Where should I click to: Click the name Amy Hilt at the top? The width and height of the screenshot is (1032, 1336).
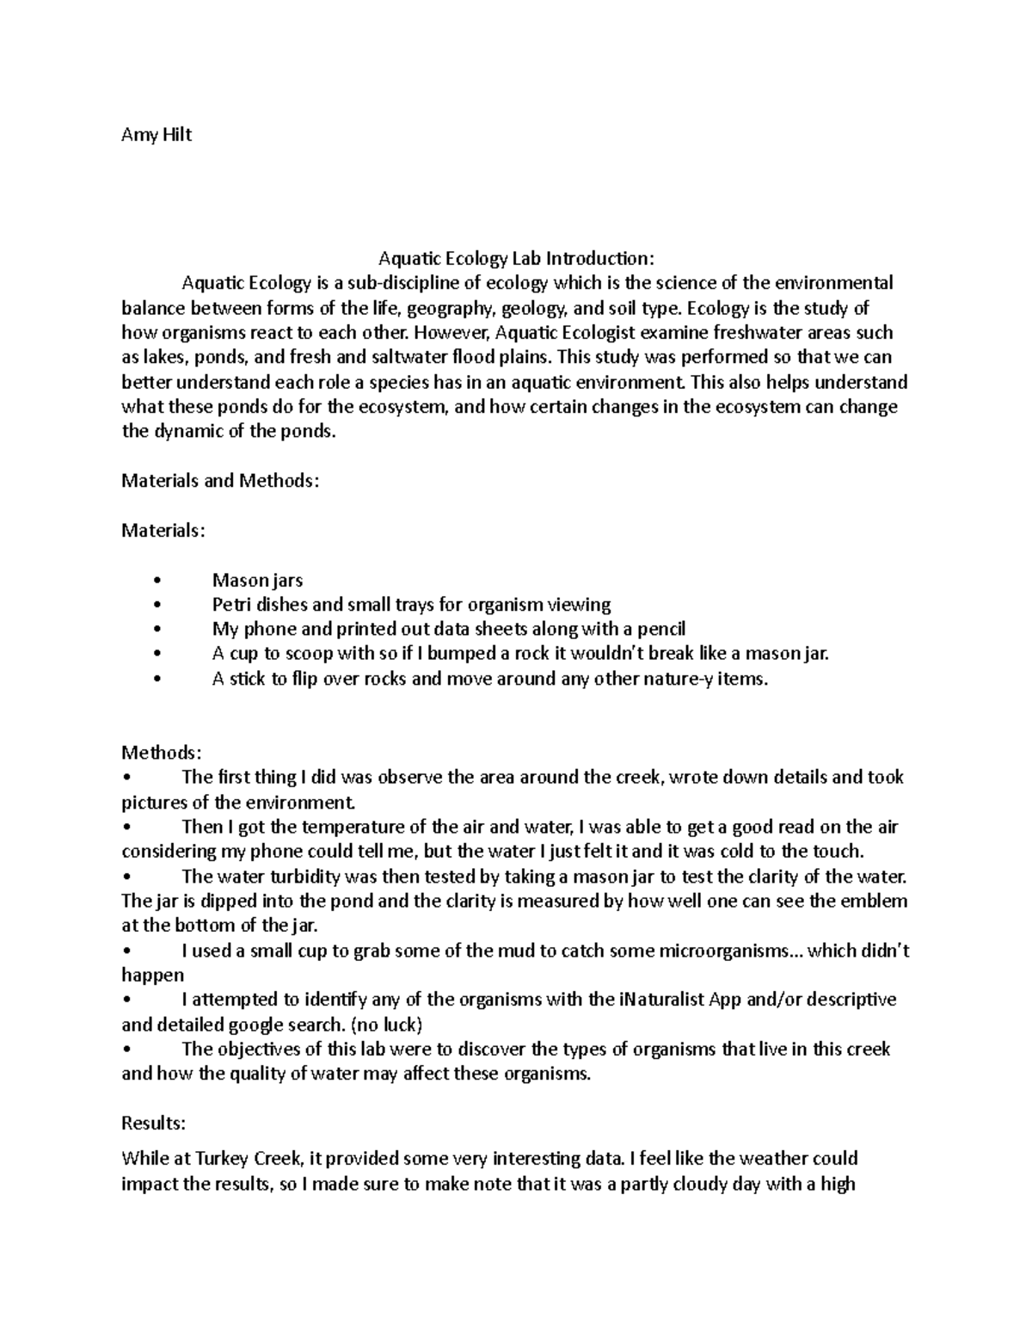[156, 134]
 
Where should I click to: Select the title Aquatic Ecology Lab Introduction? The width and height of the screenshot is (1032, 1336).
[516, 258]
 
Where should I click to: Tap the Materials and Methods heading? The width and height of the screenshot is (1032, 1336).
[220, 481]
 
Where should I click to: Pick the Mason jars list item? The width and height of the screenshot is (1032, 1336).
[257, 581]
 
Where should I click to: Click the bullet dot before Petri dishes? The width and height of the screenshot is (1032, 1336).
[155, 606]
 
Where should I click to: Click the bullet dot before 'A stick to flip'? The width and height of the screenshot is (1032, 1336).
[155, 680]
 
